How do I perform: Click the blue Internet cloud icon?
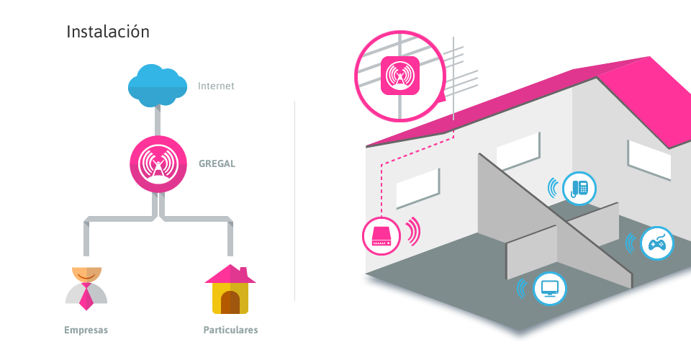point(155,85)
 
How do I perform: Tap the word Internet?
point(216,86)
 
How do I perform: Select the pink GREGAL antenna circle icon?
point(158,164)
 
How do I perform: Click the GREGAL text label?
point(217,163)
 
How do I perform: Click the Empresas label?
point(86,330)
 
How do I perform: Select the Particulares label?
point(230,330)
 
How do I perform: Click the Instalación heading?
point(108,32)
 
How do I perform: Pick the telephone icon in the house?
point(579,188)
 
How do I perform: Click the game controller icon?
point(656,243)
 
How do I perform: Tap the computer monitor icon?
point(549,289)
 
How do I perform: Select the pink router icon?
point(381,235)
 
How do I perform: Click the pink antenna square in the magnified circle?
point(400,74)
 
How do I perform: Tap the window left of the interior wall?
point(417,189)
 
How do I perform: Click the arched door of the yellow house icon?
point(230,302)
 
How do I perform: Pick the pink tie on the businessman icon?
point(86,295)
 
